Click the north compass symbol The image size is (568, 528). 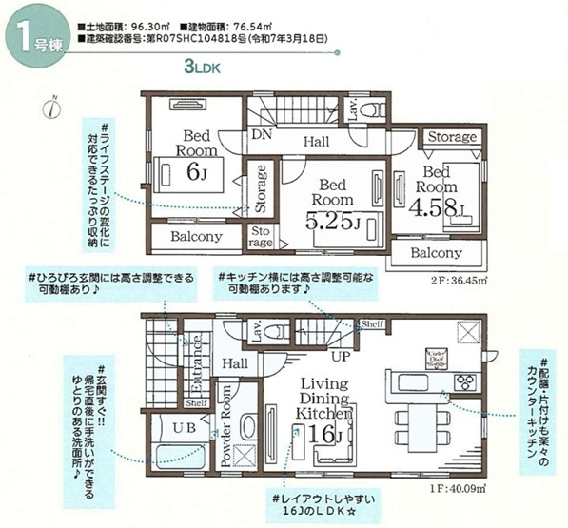click(52, 106)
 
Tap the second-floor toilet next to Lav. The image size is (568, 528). click(375, 108)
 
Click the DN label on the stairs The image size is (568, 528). click(263, 135)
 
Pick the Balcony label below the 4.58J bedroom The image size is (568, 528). click(436, 254)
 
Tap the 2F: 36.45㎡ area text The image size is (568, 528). click(458, 280)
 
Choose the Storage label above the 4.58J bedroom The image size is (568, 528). click(451, 138)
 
